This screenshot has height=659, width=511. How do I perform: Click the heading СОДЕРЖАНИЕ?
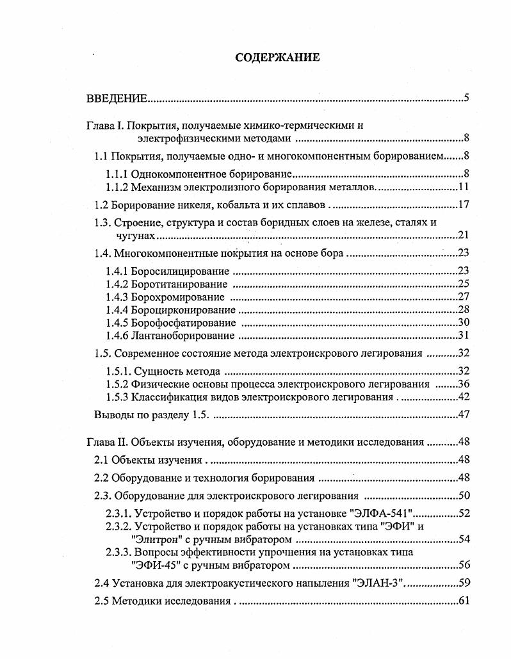277,58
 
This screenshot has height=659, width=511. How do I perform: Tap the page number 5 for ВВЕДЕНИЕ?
467,98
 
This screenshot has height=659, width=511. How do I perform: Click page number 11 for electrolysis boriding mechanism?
464,187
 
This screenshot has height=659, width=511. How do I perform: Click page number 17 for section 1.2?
464,206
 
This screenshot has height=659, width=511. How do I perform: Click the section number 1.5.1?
118,371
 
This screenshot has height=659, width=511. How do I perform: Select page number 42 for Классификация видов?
464,397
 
